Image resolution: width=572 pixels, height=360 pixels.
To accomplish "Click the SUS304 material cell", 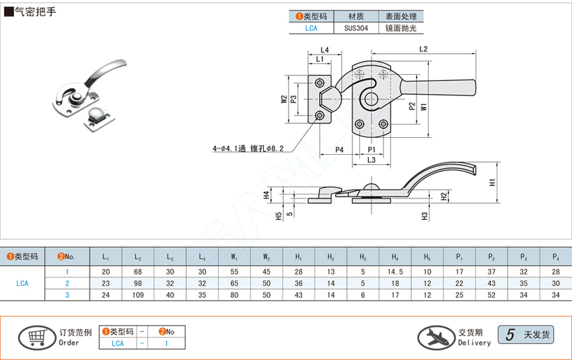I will (x=356, y=28).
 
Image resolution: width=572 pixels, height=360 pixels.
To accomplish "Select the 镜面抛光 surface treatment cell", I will (x=401, y=28).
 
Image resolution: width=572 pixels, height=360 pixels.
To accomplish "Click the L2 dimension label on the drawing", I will (x=424, y=49).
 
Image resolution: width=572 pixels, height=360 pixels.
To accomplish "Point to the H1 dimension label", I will (x=493, y=182).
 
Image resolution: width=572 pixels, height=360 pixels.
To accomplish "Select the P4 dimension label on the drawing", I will (x=339, y=149).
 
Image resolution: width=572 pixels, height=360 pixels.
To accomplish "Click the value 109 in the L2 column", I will (x=137, y=295).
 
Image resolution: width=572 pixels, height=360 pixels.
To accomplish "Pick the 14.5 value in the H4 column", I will (x=395, y=272).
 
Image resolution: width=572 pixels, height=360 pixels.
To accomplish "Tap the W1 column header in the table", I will (x=234, y=256).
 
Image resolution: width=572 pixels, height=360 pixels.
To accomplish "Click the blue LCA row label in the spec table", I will (x=22, y=283).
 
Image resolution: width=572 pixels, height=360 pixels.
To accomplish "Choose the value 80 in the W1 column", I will (x=234, y=295).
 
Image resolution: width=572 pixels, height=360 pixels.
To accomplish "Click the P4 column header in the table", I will (x=556, y=256).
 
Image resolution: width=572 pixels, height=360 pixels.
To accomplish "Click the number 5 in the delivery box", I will (x=510, y=334).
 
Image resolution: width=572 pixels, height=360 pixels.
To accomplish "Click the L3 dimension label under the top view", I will (x=371, y=159).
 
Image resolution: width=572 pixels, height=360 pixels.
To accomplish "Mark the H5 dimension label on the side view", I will (x=279, y=215).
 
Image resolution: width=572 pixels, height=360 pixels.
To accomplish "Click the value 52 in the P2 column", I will (x=491, y=295).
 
